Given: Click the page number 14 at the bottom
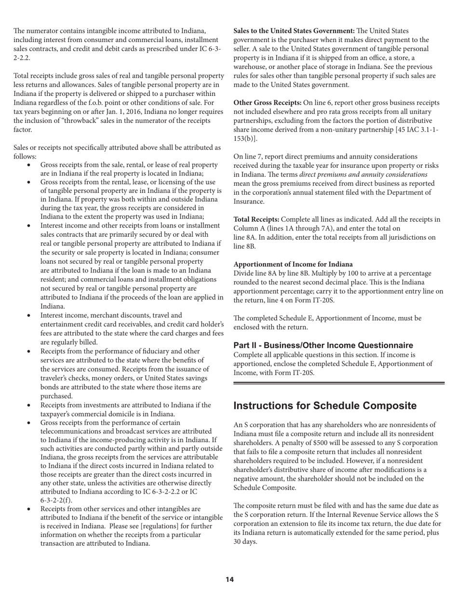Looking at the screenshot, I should (229, 580).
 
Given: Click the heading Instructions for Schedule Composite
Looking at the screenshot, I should (324, 405).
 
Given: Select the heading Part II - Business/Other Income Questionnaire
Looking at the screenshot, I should (323, 345).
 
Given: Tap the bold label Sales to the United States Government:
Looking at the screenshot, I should (294, 31).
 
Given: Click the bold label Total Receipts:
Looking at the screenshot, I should (256, 219).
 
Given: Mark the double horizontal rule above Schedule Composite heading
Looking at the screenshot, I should (339, 383).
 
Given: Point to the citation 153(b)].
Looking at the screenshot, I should (245, 138).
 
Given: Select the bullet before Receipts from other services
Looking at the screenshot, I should (30, 509).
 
